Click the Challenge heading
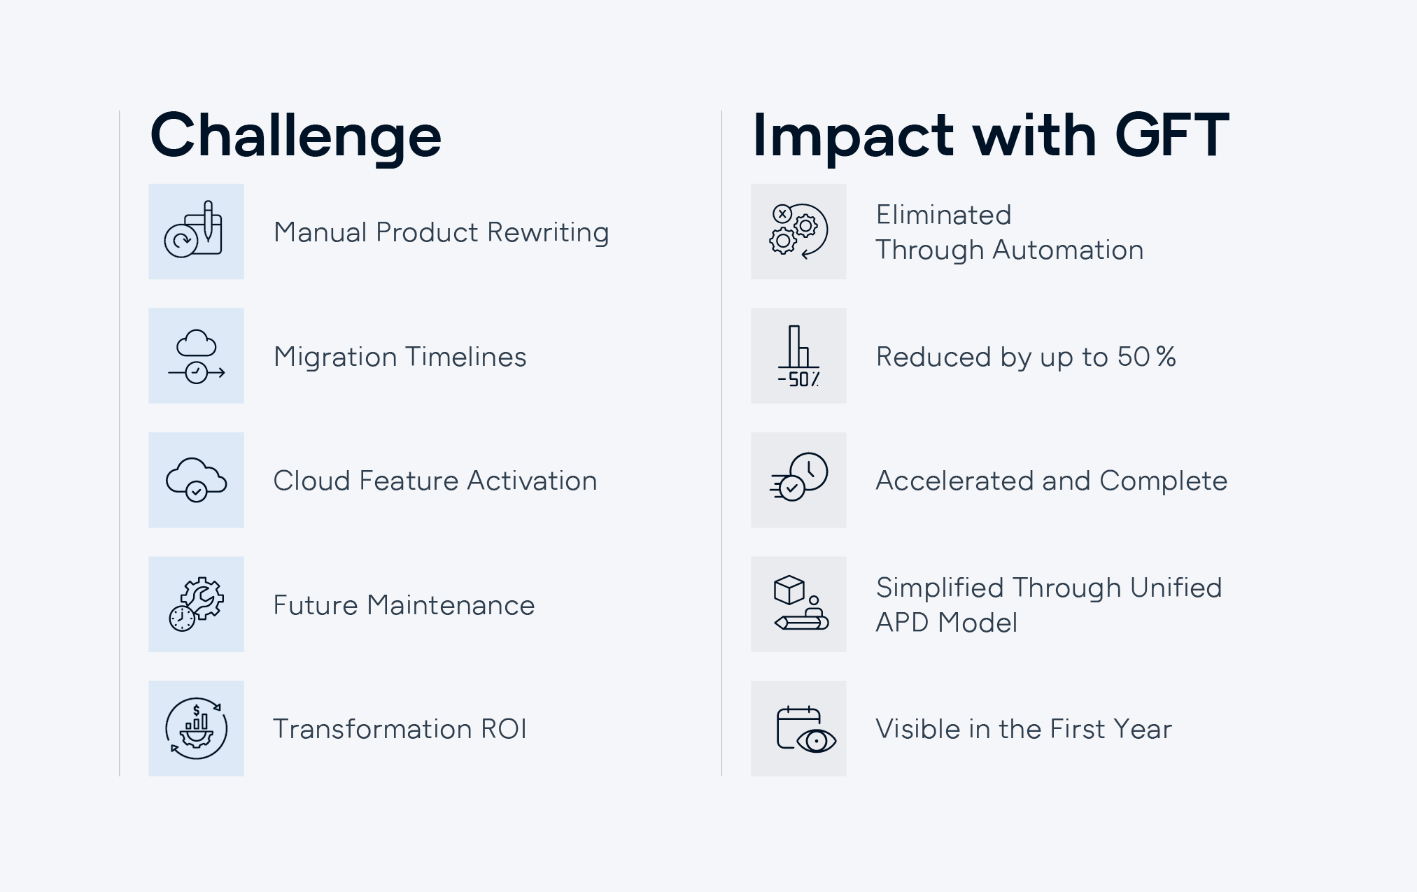(x=295, y=137)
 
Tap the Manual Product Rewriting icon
(x=194, y=230)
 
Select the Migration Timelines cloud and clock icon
(x=197, y=356)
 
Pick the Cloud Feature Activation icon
(x=197, y=480)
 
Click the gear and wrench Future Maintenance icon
(x=197, y=604)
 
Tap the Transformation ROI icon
(x=197, y=728)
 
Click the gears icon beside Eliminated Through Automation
(x=798, y=232)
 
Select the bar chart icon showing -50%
(x=798, y=356)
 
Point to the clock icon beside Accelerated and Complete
(x=798, y=477)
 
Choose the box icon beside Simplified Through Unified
(x=801, y=603)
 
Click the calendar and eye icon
(x=806, y=729)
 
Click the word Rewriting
(x=548, y=233)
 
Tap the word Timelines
(x=465, y=357)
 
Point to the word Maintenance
(x=451, y=605)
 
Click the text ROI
(x=503, y=729)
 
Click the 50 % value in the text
(x=1146, y=357)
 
